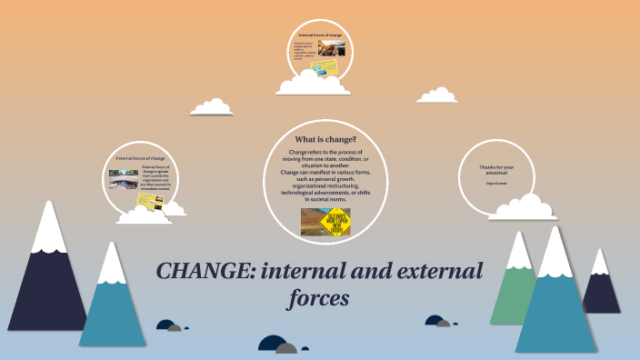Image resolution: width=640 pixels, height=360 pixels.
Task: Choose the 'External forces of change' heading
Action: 140,158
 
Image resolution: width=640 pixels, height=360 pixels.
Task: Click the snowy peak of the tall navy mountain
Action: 45,230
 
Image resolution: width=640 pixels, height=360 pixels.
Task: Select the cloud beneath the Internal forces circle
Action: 315,85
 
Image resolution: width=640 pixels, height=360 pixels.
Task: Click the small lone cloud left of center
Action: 212,108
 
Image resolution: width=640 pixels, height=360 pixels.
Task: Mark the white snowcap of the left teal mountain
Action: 111,264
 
